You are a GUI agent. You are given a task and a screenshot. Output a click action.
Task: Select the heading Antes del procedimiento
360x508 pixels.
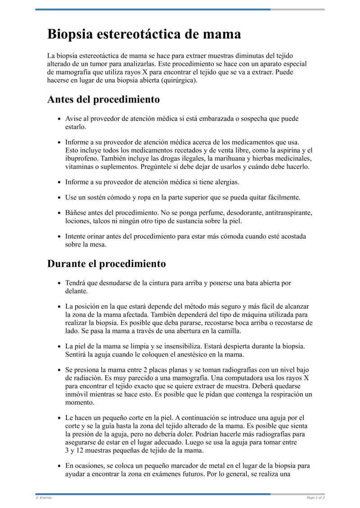click(103, 99)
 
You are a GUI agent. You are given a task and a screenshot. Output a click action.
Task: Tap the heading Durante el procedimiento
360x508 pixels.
click(106, 263)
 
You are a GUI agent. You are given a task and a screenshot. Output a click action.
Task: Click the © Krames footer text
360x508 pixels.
click(44, 498)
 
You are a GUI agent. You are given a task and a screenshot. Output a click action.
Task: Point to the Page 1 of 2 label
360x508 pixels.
click(315, 498)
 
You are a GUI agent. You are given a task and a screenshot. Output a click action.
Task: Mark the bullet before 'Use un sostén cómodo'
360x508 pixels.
click(60, 198)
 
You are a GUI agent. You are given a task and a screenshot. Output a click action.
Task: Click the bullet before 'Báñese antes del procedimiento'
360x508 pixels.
click(60, 213)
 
